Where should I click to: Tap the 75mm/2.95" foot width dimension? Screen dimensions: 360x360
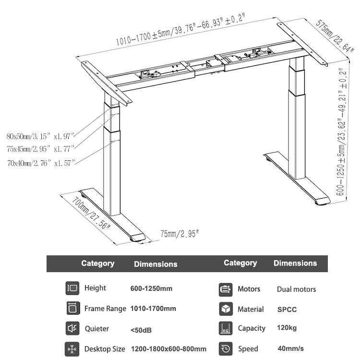179,234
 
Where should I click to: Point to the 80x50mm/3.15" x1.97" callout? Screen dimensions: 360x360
41,136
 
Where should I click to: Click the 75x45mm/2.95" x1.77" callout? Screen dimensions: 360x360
41,149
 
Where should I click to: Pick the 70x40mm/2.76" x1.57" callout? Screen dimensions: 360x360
41,163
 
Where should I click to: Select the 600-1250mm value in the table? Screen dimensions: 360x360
151,289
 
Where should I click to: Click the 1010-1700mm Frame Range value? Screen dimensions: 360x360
153,309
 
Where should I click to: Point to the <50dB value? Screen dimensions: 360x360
140,329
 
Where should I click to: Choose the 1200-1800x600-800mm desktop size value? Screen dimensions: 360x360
168,349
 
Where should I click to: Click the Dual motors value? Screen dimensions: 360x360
296,289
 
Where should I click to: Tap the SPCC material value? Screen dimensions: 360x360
287,310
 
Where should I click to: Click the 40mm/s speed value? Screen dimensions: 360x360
291,348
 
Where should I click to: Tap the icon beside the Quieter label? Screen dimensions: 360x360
72,329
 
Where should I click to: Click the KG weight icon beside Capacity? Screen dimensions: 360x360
225,328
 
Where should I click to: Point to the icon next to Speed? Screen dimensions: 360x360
225,348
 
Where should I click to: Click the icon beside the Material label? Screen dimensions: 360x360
225,309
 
